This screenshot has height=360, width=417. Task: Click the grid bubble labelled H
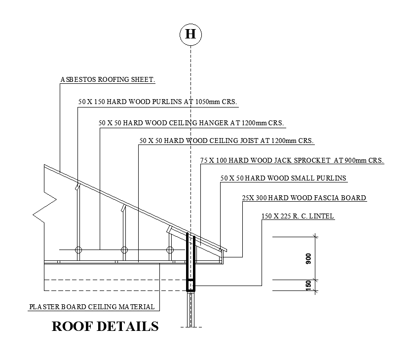(x=190, y=34)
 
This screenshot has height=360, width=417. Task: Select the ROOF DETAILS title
(x=105, y=326)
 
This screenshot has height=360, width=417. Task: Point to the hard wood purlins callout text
(x=158, y=102)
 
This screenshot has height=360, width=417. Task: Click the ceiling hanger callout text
(x=191, y=123)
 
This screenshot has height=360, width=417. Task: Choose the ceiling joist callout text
(x=227, y=141)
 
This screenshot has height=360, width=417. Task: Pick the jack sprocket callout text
(x=292, y=160)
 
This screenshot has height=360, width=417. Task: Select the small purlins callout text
(x=283, y=178)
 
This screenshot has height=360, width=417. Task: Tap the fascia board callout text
(x=304, y=198)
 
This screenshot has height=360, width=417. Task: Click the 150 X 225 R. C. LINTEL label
(x=298, y=216)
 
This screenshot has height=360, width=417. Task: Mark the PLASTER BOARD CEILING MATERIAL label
(x=92, y=307)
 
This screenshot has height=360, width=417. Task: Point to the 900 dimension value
(x=309, y=260)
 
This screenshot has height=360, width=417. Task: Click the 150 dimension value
(x=309, y=285)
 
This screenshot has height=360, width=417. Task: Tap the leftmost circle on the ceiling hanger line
(x=78, y=250)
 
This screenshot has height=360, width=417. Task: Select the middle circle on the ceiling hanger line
(x=124, y=250)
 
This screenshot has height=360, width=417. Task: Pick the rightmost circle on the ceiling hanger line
(x=170, y=250)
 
